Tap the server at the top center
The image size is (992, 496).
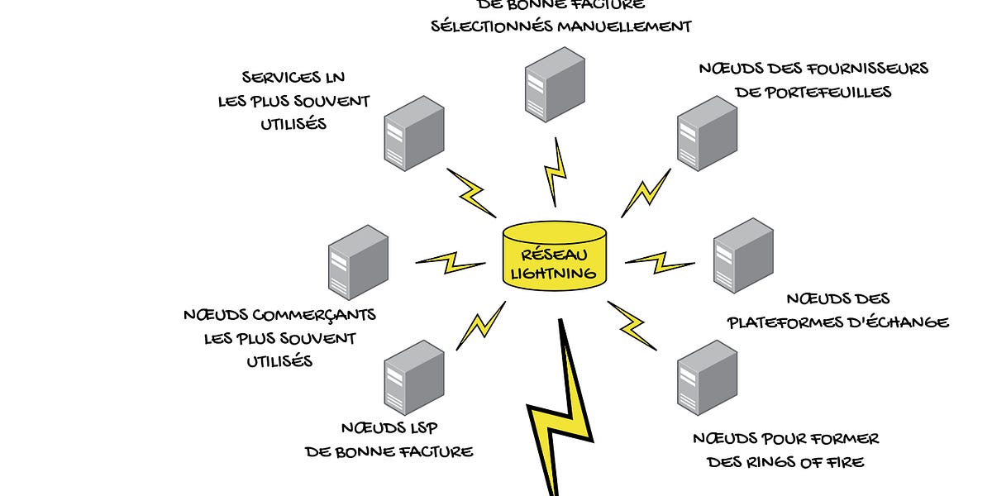click(x=554, y=84)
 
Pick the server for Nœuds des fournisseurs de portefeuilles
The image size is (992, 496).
click(x=707, y=133)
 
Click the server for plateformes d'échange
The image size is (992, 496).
click(x=743, y=255)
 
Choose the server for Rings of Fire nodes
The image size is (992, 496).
click(x=707, y=377)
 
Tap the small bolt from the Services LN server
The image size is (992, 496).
click(x=471, y=193)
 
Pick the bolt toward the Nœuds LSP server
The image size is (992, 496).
click(x=481, y=324)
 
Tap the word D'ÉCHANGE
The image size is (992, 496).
click(x=908, y=322)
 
